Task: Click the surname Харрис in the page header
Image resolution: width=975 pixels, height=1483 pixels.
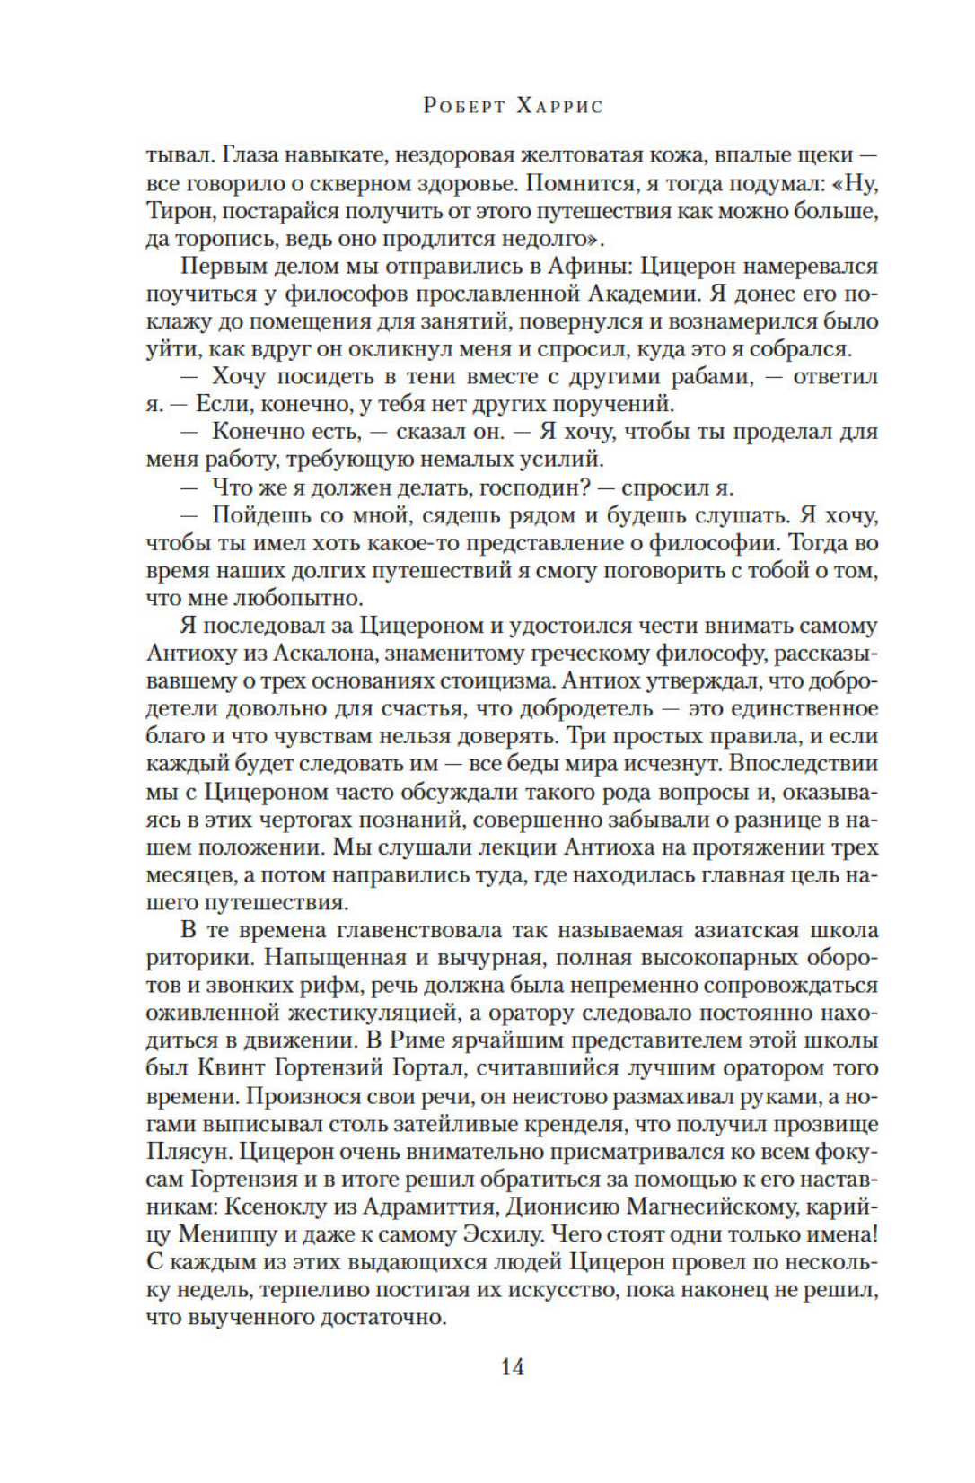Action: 559,106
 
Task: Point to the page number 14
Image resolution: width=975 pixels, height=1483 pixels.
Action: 512,1367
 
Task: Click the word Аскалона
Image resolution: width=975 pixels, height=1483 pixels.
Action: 307,654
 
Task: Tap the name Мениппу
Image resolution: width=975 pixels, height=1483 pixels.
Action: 228,1234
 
